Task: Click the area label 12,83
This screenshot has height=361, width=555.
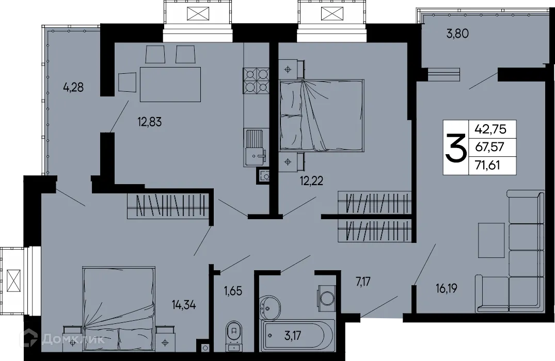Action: click(x=149, y=123)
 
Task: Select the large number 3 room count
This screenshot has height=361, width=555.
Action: click(x=455, y=147)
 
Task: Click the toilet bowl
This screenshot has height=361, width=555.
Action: click(x=234, y=333)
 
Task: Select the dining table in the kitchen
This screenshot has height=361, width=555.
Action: click(x=170, y=85)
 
